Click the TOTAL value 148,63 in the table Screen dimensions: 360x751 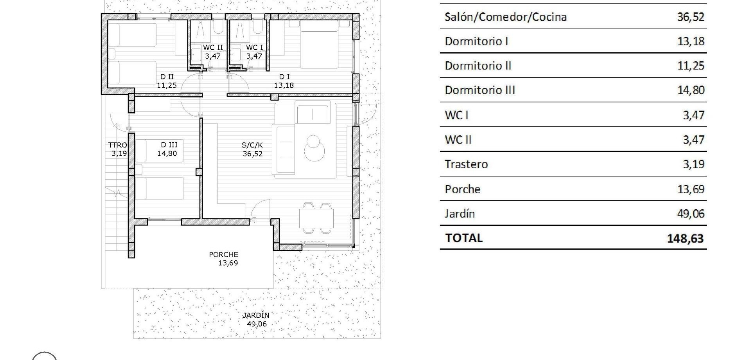(685, 238)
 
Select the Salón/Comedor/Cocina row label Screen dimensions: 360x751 (505, 17)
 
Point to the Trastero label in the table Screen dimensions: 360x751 (466, 164)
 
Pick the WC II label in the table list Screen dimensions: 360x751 (458, 140)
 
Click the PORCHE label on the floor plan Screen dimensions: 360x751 (223, 255)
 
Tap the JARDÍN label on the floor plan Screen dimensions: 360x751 (256, 315)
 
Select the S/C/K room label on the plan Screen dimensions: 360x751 (252, 145)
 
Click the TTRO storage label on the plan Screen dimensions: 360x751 (117, 145)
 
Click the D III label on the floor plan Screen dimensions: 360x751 (169, 145)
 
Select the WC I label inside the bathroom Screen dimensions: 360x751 (254, 48)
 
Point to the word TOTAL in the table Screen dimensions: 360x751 (464, 238)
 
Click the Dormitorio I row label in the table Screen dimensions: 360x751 (476, 41)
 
